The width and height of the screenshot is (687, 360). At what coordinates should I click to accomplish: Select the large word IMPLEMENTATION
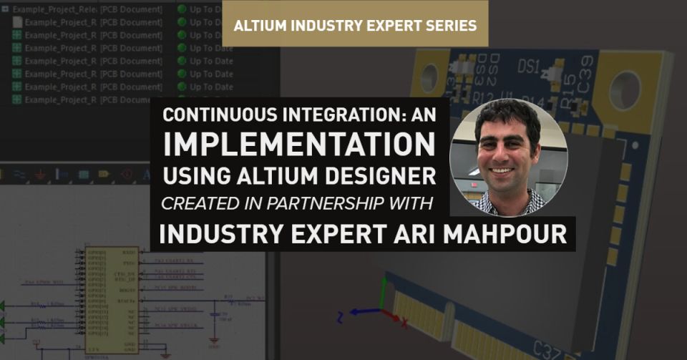[299, 145]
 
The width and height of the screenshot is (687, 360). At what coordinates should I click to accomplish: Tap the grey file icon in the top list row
[17, 22]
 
